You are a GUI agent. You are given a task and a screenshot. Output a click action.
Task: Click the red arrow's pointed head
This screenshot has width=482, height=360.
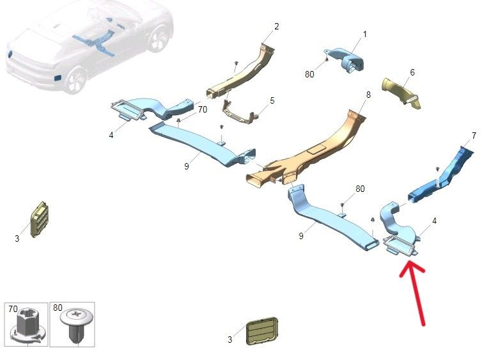pyautogui.click(x=410, y=262)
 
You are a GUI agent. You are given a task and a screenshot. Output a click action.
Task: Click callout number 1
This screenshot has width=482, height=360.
pyautogui.click(x=365, y=34)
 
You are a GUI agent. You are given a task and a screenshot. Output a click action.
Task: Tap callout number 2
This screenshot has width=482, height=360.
pyautogui.click(x=277, y=26)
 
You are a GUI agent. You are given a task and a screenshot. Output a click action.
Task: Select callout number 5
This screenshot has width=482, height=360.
pyautogui.click(x=272, y=100)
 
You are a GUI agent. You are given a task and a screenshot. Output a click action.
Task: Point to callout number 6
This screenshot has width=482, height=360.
pyautogui.click(x=412, y=72)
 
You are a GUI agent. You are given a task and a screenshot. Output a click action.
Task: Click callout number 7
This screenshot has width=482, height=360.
pyautogui.click(x=474, y=136)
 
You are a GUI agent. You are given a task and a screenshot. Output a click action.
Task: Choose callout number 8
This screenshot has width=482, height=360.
pyautogui.click(x=368, y=95)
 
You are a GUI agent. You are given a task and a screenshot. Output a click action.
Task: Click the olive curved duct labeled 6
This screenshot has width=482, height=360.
pyautogui.click(x=401, y=91)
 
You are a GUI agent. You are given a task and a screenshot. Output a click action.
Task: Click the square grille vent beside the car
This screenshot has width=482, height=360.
pyautogui.click(x=39, y=219)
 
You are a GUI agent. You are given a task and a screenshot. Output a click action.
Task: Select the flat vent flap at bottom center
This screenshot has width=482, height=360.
pyautogui.click(x=262, y=331)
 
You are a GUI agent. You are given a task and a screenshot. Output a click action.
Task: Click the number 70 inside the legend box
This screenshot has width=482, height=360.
pyautogui.click(x=13, y=309)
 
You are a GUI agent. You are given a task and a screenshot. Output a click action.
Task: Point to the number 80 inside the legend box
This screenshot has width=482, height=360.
pyautogui.click(x=58, y=308)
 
